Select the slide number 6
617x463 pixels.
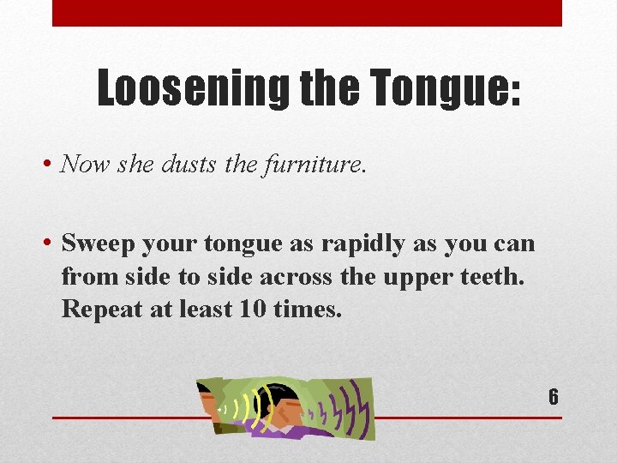pos(554,397)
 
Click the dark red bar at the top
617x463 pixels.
pos(307,13)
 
